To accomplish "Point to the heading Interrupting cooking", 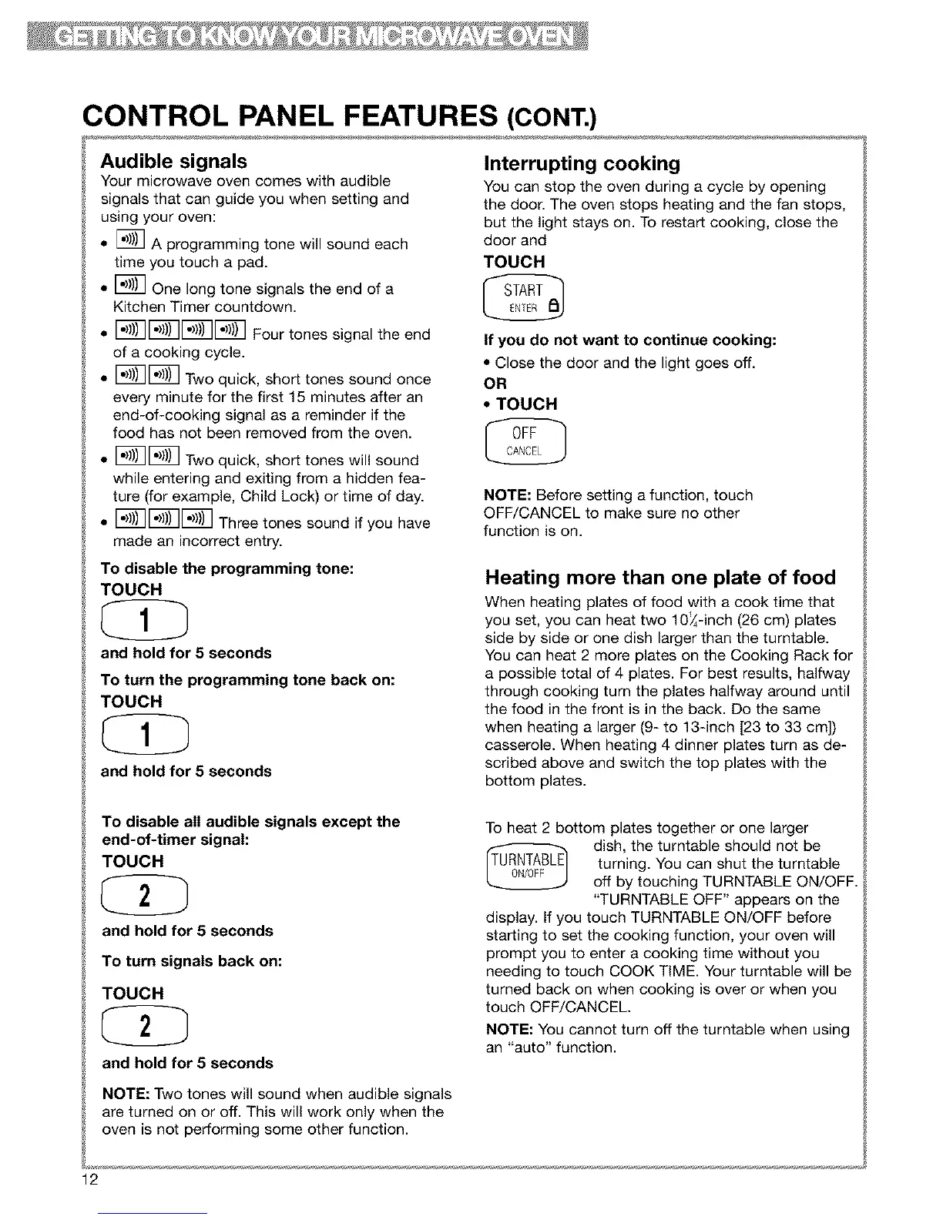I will click(582, 163).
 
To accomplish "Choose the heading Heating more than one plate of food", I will click(660, 578).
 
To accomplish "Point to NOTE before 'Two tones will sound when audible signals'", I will click(125, 1094).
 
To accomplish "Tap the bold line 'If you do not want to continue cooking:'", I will click(629, 340).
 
